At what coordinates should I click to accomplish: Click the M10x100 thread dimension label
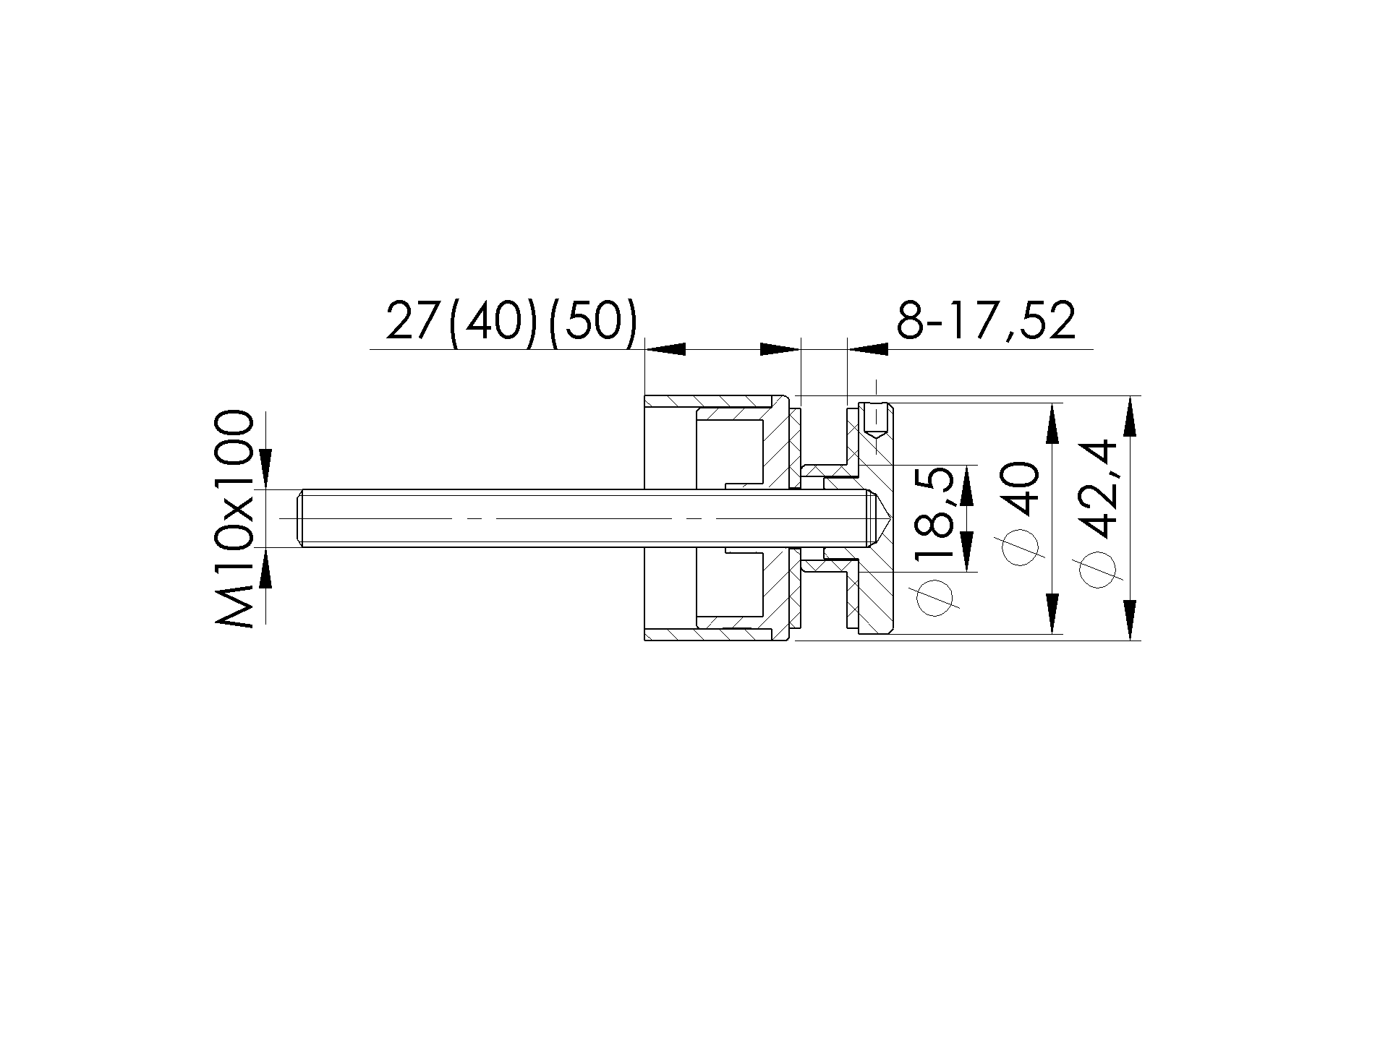(x=234, y=519)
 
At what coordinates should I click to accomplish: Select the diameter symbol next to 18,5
(x=934, y=597)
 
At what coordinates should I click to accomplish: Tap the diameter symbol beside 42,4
(x=1101, y=568)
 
